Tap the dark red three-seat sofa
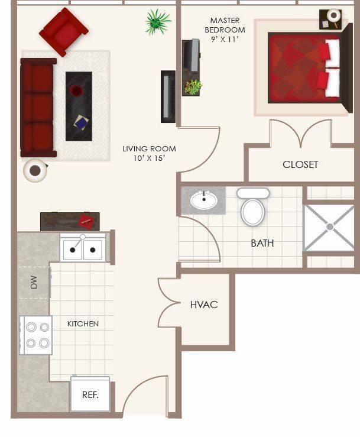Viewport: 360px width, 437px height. tap(38, 108)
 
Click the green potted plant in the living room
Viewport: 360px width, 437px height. tap(157, 22)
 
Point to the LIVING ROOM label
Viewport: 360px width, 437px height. tap(149, 153)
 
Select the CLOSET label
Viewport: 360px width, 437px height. tap(300, 164)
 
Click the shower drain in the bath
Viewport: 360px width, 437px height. tap(329, 226)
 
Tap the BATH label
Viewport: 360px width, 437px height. tap(262, 243)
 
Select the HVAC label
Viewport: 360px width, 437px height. tap(204, 305)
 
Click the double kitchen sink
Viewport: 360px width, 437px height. tap(83, 248)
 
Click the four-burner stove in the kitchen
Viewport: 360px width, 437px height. tap(36, 335)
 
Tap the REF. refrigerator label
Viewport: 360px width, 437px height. tap(90, 394)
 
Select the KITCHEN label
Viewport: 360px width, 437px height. tap(83, 323)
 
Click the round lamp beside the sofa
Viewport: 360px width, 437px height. tap(35, 171)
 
